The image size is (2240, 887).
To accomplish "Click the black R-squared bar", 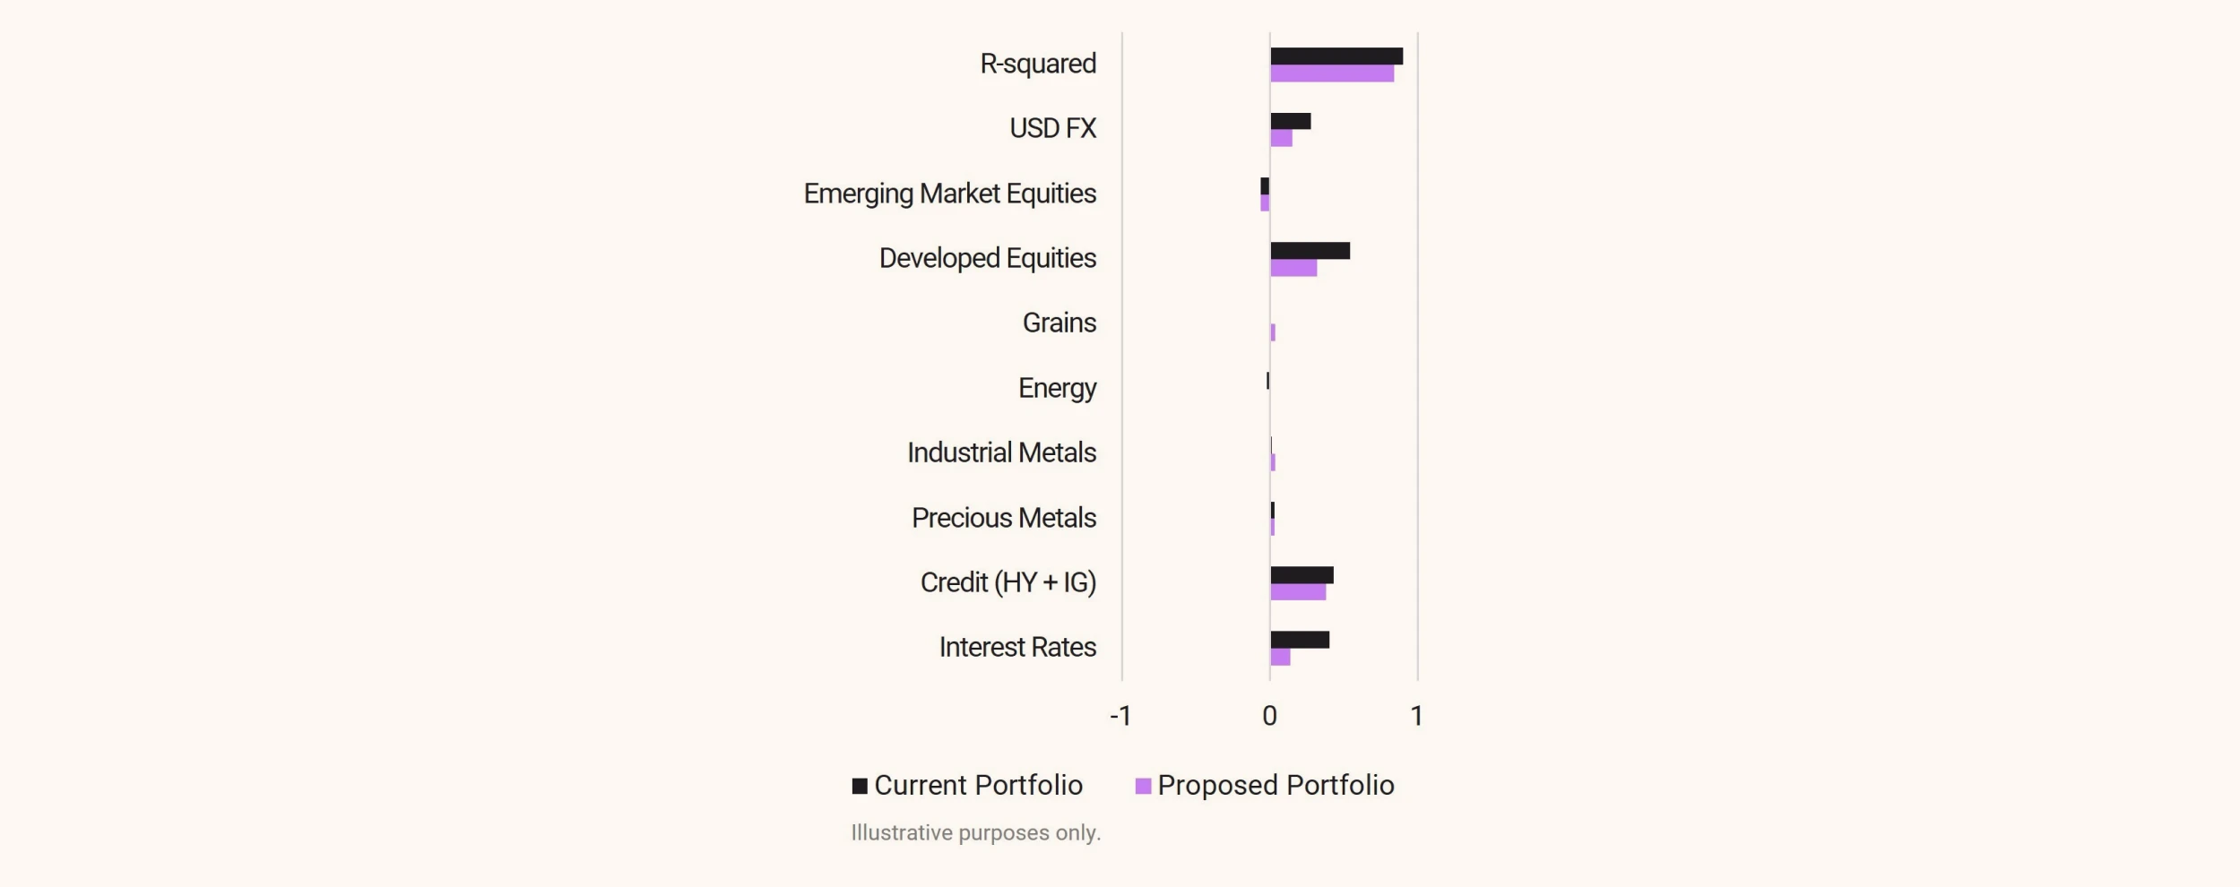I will click(1336, 56).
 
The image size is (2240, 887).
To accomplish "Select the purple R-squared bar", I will click(1331, 73).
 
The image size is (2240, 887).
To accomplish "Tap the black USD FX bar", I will click(1290, 121).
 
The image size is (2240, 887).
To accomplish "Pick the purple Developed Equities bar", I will click(1293, 268).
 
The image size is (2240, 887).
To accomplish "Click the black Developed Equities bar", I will click(1310, 251).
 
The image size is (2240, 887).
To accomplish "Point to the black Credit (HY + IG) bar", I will click(1302, 575).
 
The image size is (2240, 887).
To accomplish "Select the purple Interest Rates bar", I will click(1280, 658).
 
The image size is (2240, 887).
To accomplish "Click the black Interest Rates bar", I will click(1299, 640).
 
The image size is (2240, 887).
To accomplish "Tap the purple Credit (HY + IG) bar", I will click(1297, 592).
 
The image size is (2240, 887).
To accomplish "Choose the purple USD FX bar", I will click(1281, 139).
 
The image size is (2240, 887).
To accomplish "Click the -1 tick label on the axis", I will click(1120, 716).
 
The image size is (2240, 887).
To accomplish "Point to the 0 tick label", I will click(1269, 716).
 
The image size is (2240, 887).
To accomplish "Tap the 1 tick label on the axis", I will click(1416, 716).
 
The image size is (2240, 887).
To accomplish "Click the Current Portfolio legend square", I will click(860, 786).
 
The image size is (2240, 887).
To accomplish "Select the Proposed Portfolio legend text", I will click(1275, 786).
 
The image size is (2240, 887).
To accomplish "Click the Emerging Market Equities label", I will click(949, 194).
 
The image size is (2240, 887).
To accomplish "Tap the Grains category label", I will click(1059, 323).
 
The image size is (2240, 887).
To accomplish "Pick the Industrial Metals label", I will click(1001, 452).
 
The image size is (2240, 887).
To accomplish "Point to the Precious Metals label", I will click(1003, 518).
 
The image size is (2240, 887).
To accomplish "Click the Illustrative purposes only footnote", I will click(975, 833).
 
